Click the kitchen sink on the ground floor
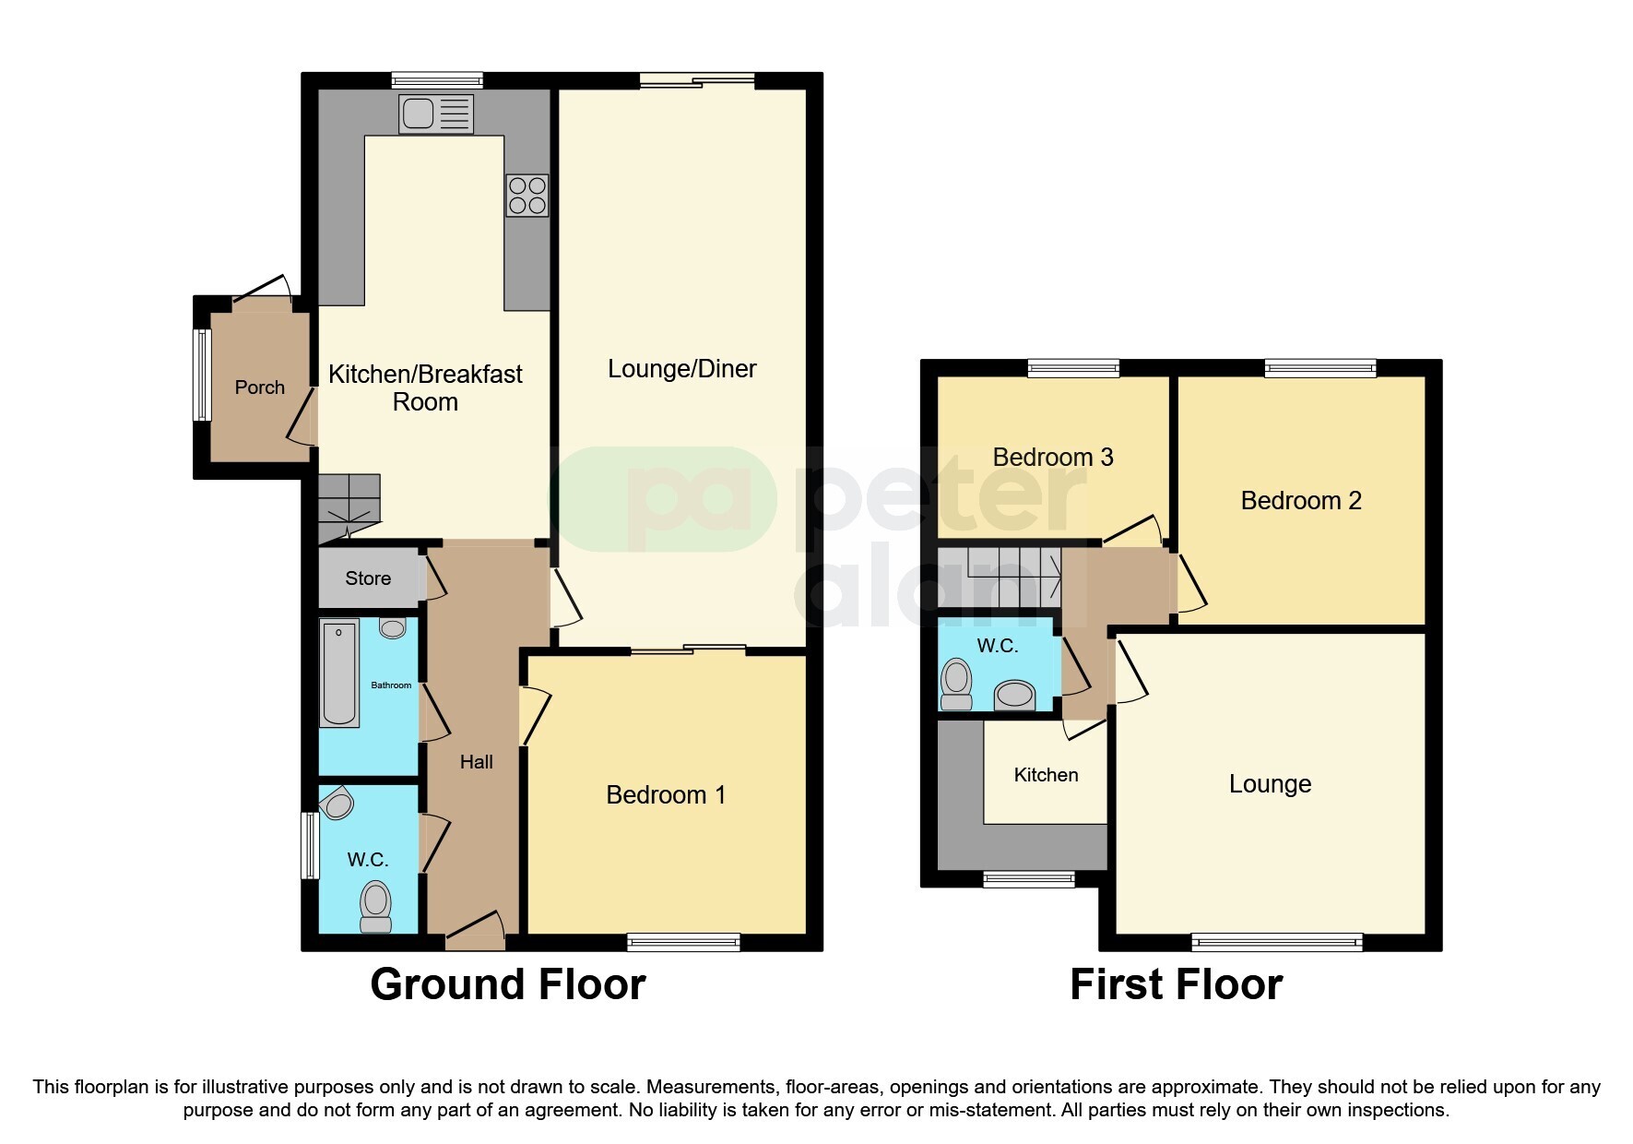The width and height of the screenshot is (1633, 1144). coord(435,114)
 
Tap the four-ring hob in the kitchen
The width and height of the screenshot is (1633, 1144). coord(527,196)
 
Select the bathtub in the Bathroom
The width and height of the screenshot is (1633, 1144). coord(339,673)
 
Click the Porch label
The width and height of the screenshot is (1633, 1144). coord(259,387)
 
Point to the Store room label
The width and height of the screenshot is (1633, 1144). coord(368,578)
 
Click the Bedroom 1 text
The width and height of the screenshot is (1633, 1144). coord(665,795)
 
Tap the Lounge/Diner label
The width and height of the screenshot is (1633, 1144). coord(681,369)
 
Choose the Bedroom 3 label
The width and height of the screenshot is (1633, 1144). coord(1052,458)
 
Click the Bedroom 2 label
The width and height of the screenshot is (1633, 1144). coord(1300,501)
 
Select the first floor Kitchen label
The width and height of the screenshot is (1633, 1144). coord(1046,775)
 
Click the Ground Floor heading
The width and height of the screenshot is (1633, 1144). coord(507,984)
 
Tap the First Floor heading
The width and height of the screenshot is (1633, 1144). coord(1176,984)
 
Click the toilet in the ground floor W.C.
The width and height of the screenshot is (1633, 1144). coord(375,906)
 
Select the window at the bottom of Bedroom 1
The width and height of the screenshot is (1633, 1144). coord(683,942)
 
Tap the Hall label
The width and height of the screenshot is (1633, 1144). coord(476,762)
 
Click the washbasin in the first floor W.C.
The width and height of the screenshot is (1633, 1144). coord(1015,694)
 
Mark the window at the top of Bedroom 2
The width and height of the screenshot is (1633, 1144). coord(1319,368)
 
